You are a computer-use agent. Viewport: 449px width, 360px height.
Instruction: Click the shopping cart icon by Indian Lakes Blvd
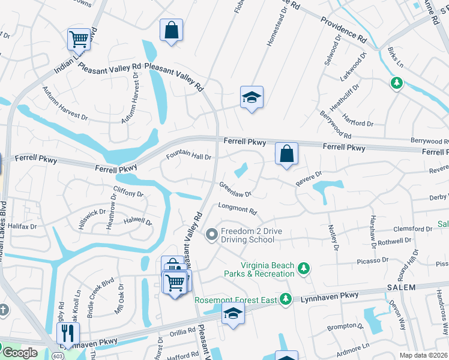click(x=79, y=40)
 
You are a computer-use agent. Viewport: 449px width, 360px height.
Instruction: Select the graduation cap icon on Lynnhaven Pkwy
click(x=233, y=314)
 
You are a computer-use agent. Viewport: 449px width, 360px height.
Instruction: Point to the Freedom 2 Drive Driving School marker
click(x=211, y=235)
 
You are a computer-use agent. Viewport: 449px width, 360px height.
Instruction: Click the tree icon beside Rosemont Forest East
click(x=286, y=298)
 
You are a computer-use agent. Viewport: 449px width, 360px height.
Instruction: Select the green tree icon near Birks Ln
click(x=396, y=83)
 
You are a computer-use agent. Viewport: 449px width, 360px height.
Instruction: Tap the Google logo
click(x=20, y=353)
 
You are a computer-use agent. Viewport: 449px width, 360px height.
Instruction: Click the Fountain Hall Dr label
click(x=189, y=156)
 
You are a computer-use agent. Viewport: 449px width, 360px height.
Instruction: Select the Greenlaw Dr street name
click(x=235, y=190)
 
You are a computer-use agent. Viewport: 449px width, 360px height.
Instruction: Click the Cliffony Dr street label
click(x=128, y=193)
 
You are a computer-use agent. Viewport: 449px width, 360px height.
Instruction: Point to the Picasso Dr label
click(x=373, y=260)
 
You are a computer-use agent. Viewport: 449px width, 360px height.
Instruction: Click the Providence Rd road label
click(x=343, y=28)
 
